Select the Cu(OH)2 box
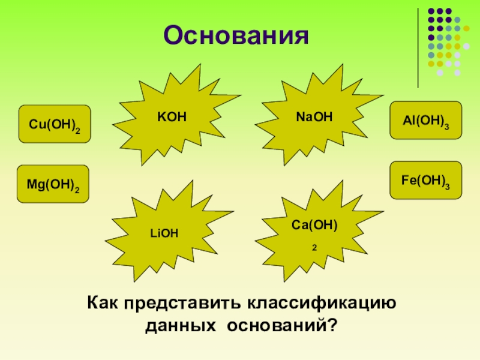[55, 124]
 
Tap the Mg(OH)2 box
[53, 184]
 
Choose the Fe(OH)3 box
[426, 180]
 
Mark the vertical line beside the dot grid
[418, 48]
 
